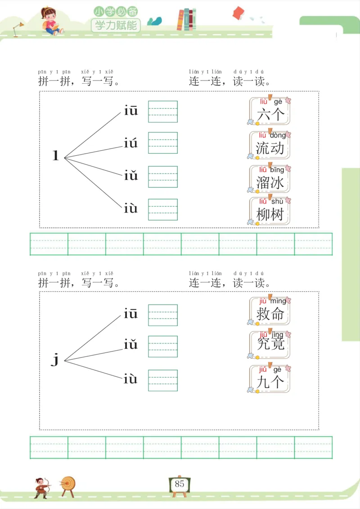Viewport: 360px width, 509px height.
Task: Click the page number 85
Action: (x=180, y=484)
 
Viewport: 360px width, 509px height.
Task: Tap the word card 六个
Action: (x=270, y=111)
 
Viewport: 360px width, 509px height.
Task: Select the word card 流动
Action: (x=270, y=145)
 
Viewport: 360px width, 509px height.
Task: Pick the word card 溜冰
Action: (x=270, y=179)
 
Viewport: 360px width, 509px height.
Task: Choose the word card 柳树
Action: (x=270, y=211)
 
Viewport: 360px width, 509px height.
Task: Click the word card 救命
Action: (x=270, y=311)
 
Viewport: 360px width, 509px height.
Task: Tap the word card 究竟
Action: (x=270, y=345)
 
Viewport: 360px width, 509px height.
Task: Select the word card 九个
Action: (x=270, y=379)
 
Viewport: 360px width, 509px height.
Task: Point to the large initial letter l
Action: (x=56, y=156)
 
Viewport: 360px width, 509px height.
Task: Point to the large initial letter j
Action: (x=55, y=359)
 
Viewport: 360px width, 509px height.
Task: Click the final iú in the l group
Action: (x=131, y=144)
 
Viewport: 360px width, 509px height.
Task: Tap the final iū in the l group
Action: (x=131, y=111)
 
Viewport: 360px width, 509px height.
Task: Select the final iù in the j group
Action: (x=130, y=380)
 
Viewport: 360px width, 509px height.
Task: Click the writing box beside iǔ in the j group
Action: (x=163, y=346)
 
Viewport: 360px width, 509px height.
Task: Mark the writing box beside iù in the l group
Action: (x=163, y=210)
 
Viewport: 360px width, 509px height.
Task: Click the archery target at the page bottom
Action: (x=68, y=485)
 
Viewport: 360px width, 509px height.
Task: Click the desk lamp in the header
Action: (x=18, y=29)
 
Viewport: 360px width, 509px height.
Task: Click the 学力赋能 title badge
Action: (x=116, y=25)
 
